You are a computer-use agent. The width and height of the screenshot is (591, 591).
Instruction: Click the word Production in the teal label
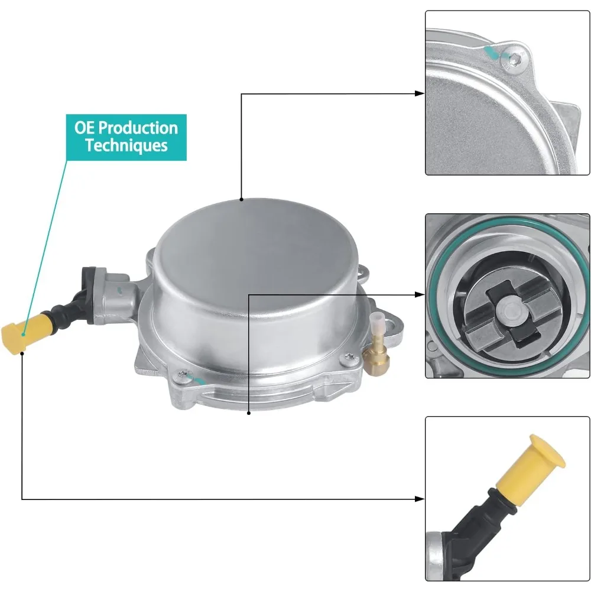(138, 128)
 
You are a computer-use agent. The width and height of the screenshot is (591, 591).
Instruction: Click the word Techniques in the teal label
(126, 145)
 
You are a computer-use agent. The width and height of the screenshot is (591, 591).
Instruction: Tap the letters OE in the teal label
(84, 128)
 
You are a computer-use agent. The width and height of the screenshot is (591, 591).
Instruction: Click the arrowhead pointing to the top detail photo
(419, 93)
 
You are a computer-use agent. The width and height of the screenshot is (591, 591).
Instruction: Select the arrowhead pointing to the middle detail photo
(419, 294)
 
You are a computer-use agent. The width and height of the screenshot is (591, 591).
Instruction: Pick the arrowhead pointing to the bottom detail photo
(419, 499)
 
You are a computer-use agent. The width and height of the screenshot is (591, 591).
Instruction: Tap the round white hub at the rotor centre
(511, 311)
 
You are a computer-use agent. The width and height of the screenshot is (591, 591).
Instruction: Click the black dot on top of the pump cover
(241, 199)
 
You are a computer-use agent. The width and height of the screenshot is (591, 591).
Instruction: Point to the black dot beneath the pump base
(249, 414)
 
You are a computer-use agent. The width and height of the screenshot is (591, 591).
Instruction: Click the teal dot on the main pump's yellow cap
(24, 334)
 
